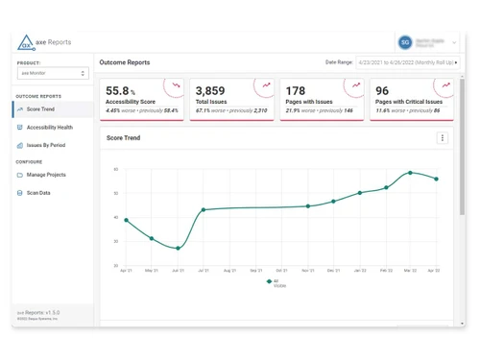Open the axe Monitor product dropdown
click(53, 73)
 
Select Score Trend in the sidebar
click(40, 109)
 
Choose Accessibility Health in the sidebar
click(49, 127)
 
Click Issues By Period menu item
click(46, 145)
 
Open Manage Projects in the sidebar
click(46, 175)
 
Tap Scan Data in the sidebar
click(38, 193)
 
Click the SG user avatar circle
click(405, 42)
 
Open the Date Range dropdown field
click(407, 62)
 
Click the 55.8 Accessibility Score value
click(120, 90)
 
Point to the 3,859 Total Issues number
click(210, 91)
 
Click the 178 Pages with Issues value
click(295, 91)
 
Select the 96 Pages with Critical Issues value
click(382, 91)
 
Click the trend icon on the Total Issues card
click(266, 85)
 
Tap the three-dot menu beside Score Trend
click(443, 138)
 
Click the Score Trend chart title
click(123, 138)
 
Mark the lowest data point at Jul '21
click(178, 248)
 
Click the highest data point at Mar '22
click(411, 173)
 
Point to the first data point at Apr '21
click(126, 220)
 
